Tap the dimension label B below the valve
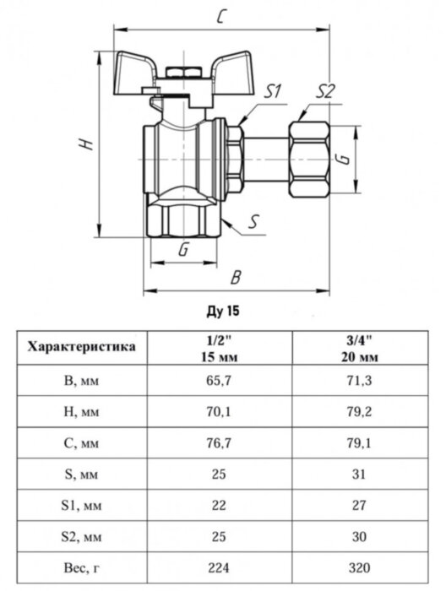click(237, 278)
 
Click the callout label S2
click(327, 92)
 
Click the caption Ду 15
click(222, 312)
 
